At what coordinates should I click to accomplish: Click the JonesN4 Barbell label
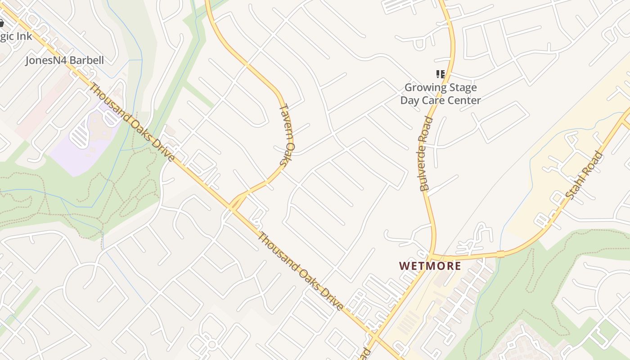pos(64,60)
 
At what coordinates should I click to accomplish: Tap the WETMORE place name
pos(430,265)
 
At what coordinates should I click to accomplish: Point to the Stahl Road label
pos(584,176)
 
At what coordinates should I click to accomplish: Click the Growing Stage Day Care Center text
pos(441,94)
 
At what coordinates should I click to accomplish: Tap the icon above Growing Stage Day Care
pos(440,74)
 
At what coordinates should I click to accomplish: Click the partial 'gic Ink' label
pos(16,36)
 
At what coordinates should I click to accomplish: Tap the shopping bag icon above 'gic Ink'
pos(1,23)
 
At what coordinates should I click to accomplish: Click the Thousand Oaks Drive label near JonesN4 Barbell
pos(132,122)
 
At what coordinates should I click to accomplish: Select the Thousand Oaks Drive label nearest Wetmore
pos(301,271)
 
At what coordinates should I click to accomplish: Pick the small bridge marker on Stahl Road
pos(500,254)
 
